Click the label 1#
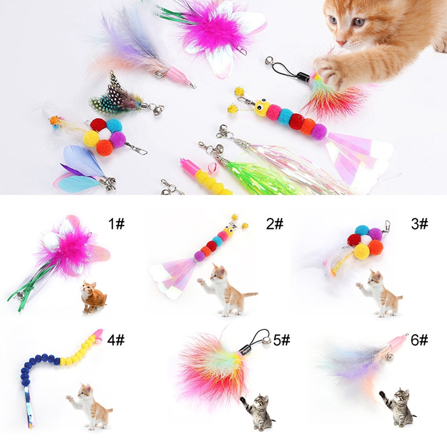pyautogui.click(x=116, y=224)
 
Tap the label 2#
pyautogui.click(x=275, y=224)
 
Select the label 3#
pyautogui.click(x=420, y=224)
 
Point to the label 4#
pyautogui.click(x=116, y=340)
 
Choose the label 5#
pyautogui.click(x=282, y=340)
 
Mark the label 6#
pyautogui.click(x=420, y=340)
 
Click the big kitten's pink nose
pyautogui.click(x=341, y=43)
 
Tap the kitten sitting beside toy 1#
pyautogui.click(x=93, y=297)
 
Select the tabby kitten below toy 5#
pyautogui.click(x=258, y=411)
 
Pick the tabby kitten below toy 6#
pyautogui.click(x=397, y=407)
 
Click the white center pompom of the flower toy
pyautogui.click(x=105, y=134)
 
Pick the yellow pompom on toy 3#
pyautogui.click(x=362, y=251)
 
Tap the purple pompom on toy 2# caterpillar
pyautogui.click(x=199, y=256)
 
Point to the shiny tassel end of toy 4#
pyautogui.click(x=30, y=407)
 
